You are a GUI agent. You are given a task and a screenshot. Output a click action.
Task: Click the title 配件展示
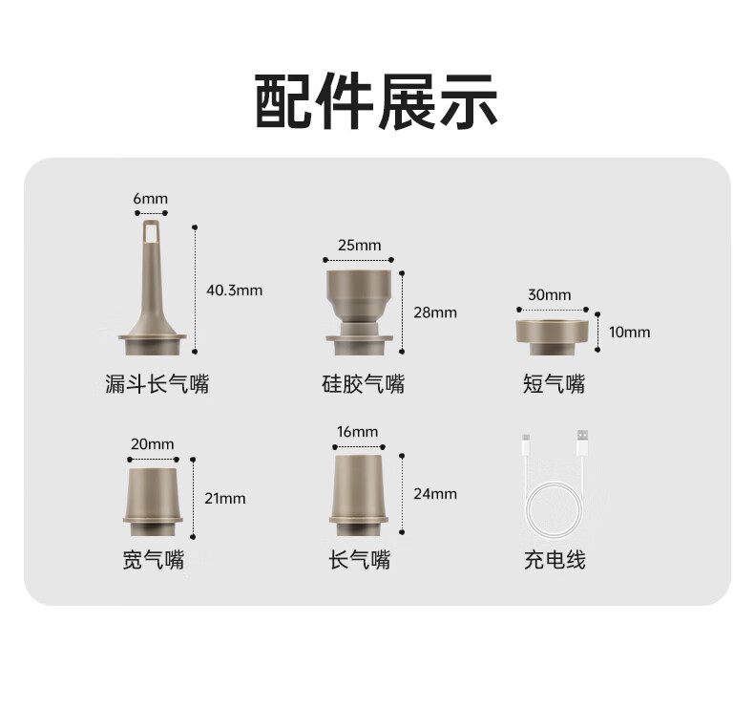point(376,101)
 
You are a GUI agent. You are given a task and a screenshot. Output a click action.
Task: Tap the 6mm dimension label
point(151,199)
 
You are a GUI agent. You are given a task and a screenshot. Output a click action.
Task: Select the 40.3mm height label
point(234,290)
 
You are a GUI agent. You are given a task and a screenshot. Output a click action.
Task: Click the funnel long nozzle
point(152,288)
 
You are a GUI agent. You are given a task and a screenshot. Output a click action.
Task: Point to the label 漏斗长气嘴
point(157,384)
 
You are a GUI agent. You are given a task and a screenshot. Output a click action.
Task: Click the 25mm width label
point(359,245)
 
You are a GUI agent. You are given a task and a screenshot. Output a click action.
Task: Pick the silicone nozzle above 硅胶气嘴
point(359,312)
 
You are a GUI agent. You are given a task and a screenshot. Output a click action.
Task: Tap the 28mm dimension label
point(435,312)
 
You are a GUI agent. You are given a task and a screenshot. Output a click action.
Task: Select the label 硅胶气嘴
point(363,384)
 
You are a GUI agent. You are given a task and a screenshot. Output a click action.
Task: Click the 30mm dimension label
point(550,294)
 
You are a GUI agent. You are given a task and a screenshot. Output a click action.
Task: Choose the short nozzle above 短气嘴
point(553,337)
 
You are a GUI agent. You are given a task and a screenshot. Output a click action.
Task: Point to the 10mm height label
point(630,333)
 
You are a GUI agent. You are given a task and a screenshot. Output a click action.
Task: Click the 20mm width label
point(152,443)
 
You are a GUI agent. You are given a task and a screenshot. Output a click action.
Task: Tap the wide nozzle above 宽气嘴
point(153,502)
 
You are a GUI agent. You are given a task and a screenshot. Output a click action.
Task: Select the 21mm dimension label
point(225,498)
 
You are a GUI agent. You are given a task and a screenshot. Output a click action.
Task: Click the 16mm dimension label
point(357,431)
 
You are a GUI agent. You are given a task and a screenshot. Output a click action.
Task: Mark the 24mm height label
point(435,494)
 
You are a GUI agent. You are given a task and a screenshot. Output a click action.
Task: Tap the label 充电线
point(555,560)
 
